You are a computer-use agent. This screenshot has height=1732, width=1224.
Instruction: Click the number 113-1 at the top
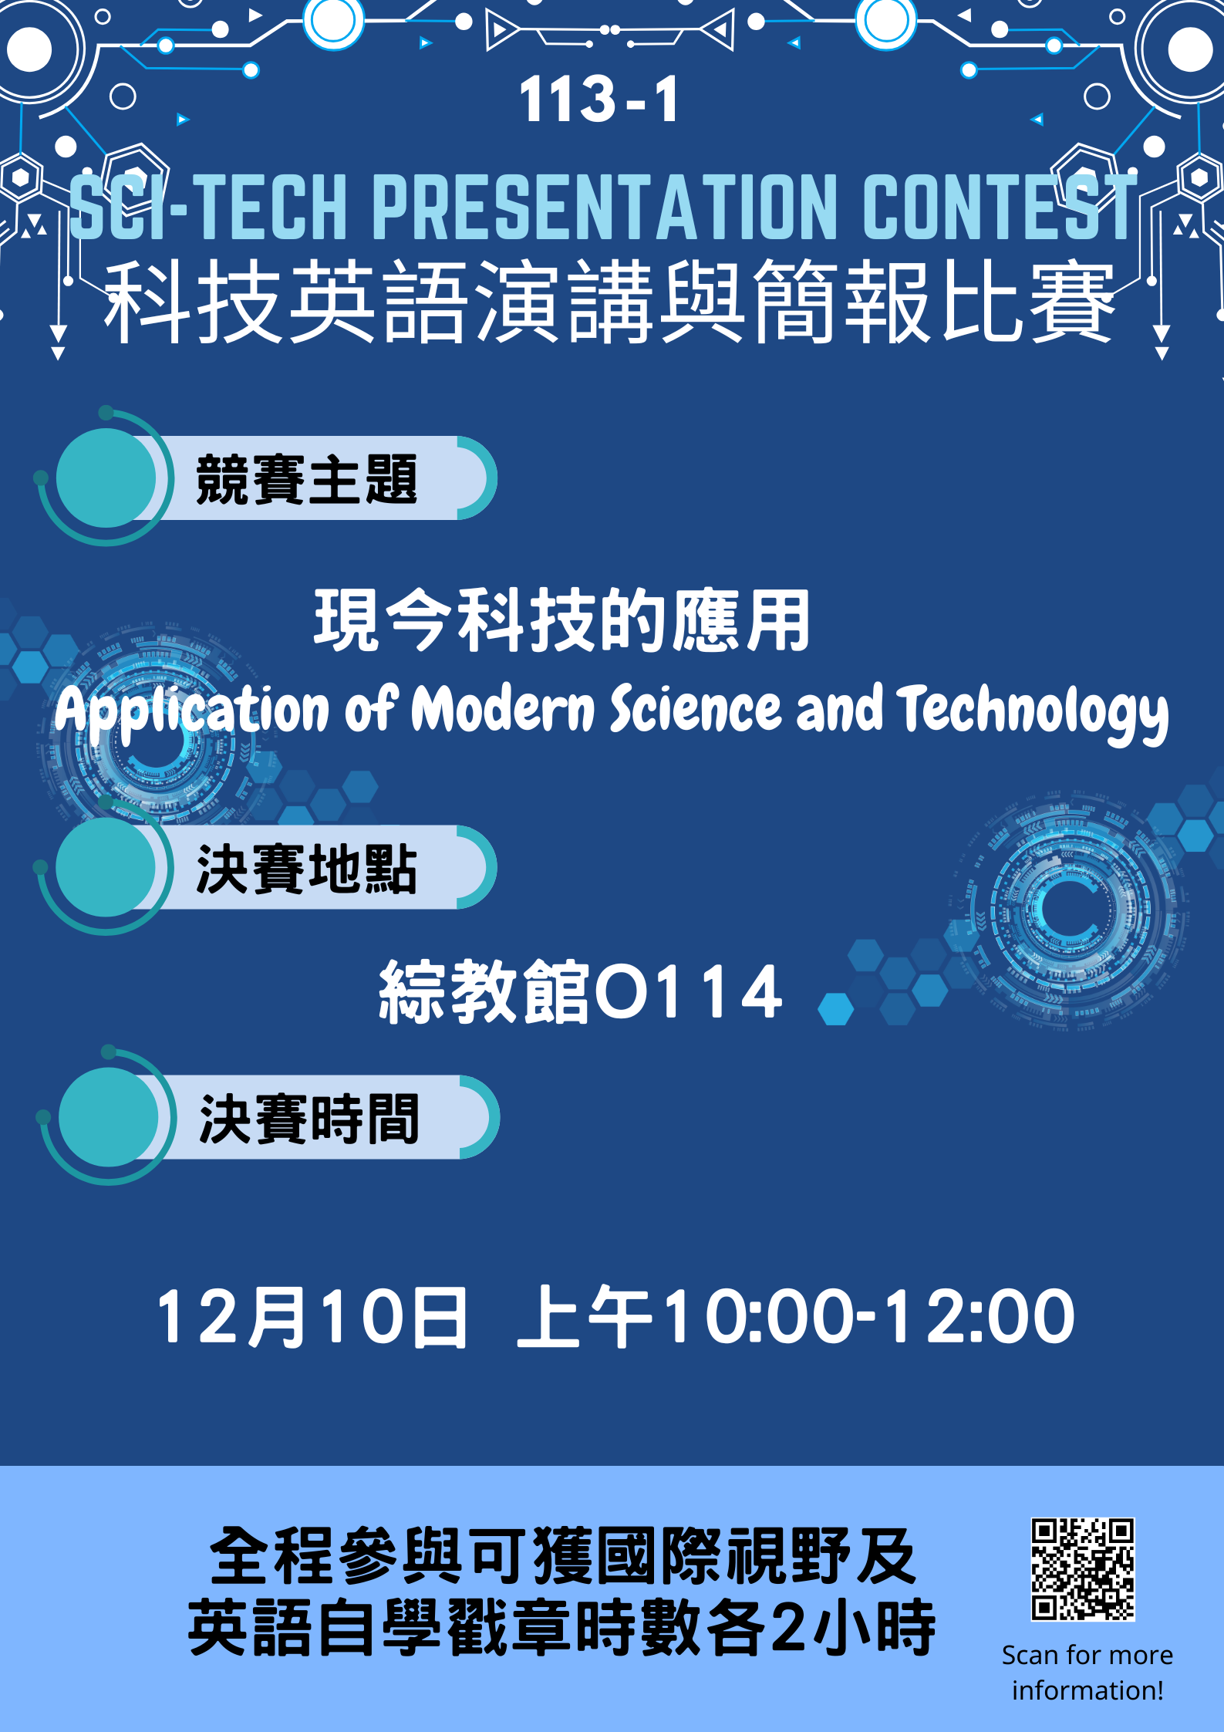599,100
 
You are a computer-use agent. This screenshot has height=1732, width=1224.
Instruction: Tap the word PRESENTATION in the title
605,206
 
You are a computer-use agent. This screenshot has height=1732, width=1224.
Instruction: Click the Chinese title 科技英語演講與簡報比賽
609,301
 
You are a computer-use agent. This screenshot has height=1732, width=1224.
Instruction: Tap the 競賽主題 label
306,479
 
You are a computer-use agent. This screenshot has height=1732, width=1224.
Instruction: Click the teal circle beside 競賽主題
106,478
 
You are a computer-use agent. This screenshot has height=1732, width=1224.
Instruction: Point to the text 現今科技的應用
562,620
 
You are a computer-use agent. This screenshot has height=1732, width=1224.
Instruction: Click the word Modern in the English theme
503,708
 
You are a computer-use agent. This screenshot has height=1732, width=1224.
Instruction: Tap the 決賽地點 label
306,869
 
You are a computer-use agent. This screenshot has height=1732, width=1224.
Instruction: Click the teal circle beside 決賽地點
106,867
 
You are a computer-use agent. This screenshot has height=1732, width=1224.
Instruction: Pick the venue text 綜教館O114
580,992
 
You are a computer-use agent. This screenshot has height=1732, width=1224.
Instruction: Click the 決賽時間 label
309,1119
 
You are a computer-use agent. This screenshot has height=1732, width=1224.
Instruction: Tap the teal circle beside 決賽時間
109,1117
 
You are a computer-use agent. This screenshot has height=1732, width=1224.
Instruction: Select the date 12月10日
312,1318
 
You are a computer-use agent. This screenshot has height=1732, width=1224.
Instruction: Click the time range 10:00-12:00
869,1318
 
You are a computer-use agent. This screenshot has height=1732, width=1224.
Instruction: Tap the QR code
1083,1569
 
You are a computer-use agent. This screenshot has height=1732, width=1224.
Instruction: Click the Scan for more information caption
1087,1673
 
